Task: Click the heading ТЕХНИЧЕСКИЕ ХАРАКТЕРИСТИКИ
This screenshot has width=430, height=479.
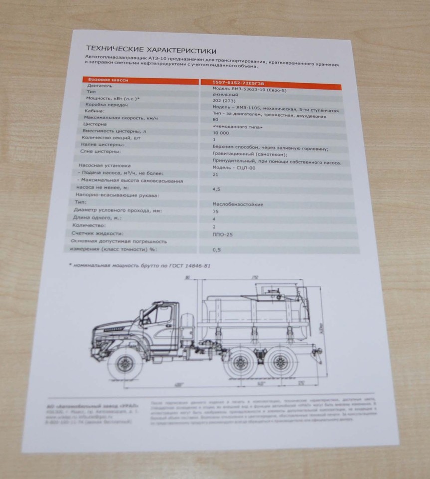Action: pyautogui.click(x=151, y=50)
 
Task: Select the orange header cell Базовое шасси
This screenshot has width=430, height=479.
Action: pyautogui.click(x=108, y=79)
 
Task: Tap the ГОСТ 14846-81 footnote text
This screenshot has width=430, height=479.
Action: pyautogui.click(x=140, y=266)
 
